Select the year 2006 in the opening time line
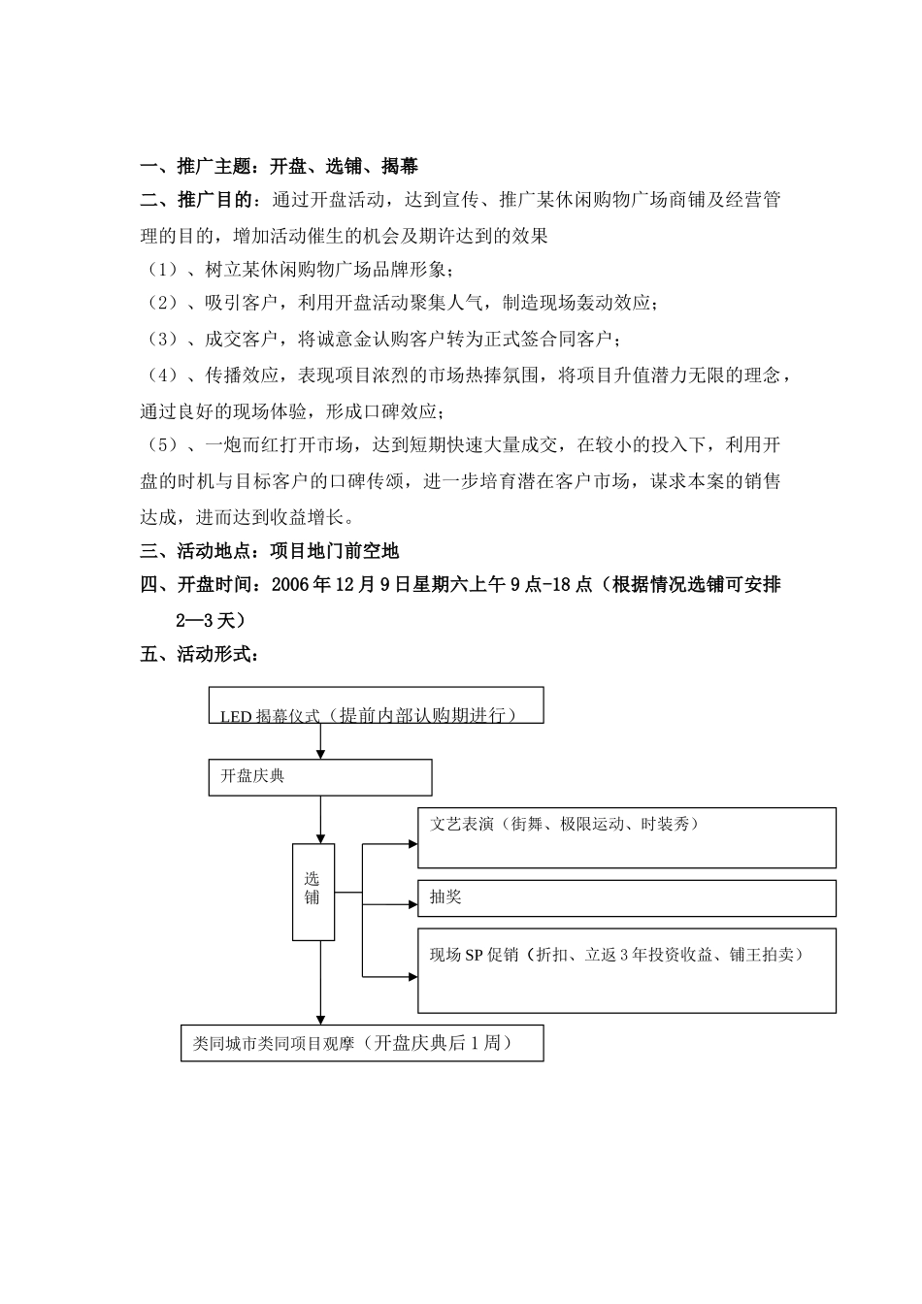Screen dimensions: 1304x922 click(x=292, y=585)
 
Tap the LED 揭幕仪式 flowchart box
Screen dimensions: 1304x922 click(x=376, y=705)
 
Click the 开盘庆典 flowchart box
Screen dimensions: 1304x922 click(x=319, y=777)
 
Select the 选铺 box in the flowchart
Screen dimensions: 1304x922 click(x=313, y=891)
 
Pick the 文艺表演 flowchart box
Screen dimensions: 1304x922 click(x=626, y=837)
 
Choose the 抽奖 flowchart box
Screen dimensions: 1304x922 click(x=626, y=898)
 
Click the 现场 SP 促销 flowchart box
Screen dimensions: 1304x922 click(x=626, y=970)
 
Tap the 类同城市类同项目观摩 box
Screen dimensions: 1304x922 click(x=361, y=1043)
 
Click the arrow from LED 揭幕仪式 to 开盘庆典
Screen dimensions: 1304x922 click(x=319, y=741)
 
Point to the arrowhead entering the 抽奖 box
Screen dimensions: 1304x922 click(x=412, y=904)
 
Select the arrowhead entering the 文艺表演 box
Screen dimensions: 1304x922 click(x=412, y=844)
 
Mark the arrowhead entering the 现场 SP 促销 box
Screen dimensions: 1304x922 click(x=412, y=975)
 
